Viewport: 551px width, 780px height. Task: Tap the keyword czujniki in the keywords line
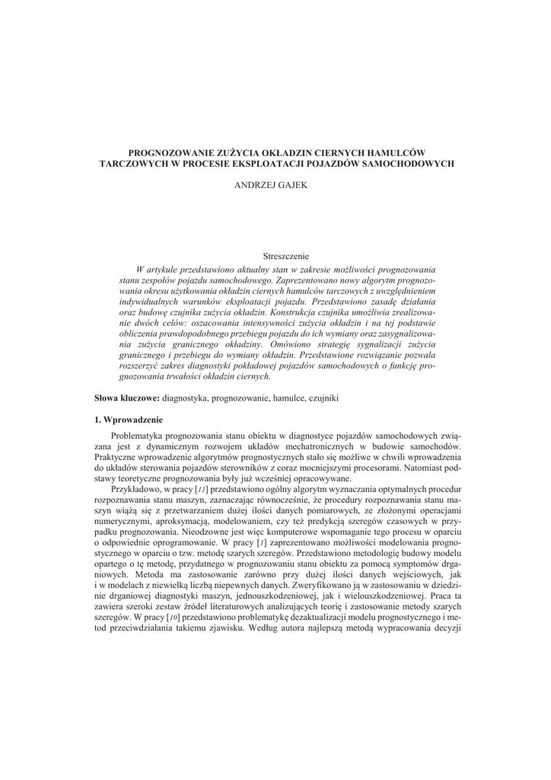click(x=323, y=398)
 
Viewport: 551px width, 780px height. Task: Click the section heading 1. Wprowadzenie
click(x=129, y=420)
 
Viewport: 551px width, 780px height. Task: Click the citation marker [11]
click(x=201, y=487)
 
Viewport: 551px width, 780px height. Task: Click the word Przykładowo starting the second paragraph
click(x=136, y=487)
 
